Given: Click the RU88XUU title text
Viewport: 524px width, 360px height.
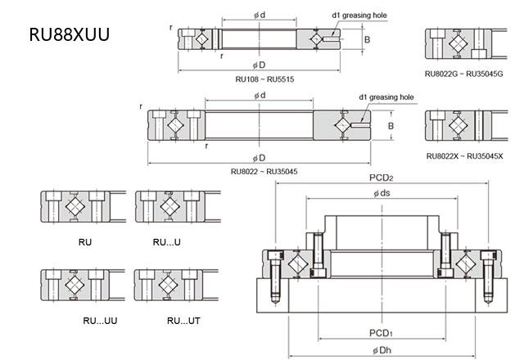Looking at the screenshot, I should [67, 35].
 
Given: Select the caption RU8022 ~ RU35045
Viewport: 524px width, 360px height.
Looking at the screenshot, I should [264, 171].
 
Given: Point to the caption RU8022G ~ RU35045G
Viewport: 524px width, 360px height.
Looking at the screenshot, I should [464, 74].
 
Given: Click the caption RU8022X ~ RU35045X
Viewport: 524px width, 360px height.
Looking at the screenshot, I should [464, 155].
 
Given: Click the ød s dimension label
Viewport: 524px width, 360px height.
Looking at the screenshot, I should [382, 194].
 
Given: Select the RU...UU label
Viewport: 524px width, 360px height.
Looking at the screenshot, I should [101, 320].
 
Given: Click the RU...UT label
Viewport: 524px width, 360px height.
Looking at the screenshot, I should [183, 320].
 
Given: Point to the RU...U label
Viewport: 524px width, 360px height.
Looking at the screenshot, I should [165, 243].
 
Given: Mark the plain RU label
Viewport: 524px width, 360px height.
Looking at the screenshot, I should [84, 243].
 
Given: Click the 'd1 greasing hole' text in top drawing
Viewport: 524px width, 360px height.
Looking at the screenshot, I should [359, 15].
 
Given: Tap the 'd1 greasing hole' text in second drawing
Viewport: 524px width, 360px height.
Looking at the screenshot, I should [386, 97].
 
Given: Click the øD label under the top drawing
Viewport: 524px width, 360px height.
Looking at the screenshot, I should [260, 65].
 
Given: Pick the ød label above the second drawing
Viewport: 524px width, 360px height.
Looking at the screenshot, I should [260, 96].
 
